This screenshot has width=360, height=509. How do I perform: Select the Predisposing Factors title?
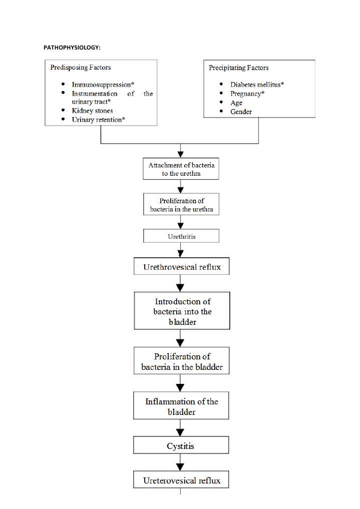[81, 67]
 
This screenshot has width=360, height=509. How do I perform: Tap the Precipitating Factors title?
[238, 68]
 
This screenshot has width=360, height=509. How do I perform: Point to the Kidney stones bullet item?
[92, 111]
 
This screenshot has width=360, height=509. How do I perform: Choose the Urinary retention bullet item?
[98, 120]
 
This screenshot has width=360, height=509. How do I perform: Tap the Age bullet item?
[236, 103]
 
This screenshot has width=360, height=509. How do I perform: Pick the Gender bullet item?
[241, 112]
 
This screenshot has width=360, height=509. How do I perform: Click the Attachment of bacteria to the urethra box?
[181, 169]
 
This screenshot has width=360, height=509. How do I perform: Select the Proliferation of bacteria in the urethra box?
[181, 205]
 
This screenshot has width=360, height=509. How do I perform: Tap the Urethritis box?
[181, 236]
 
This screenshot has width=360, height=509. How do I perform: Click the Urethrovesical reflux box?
[181, 267]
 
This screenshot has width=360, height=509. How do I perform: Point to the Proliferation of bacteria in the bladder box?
[182, 362]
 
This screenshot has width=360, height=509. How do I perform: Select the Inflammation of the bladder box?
[181, 406]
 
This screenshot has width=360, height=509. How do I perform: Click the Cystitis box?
[181, 445]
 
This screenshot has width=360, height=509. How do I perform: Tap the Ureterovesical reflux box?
[181, 480]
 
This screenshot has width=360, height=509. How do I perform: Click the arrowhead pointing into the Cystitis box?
[181, 432]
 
